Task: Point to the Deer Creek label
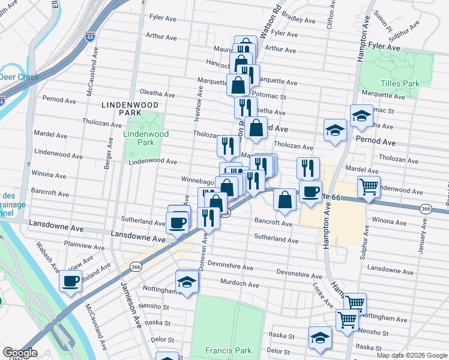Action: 19,77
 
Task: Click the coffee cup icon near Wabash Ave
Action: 70,280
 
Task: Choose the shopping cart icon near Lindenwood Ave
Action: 368,186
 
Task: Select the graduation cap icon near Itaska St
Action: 320,337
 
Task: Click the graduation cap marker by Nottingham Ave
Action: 187,281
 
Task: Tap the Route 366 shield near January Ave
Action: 426,209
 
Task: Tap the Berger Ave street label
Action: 110,153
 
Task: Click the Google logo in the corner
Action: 20,353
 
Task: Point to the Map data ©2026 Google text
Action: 411,355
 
